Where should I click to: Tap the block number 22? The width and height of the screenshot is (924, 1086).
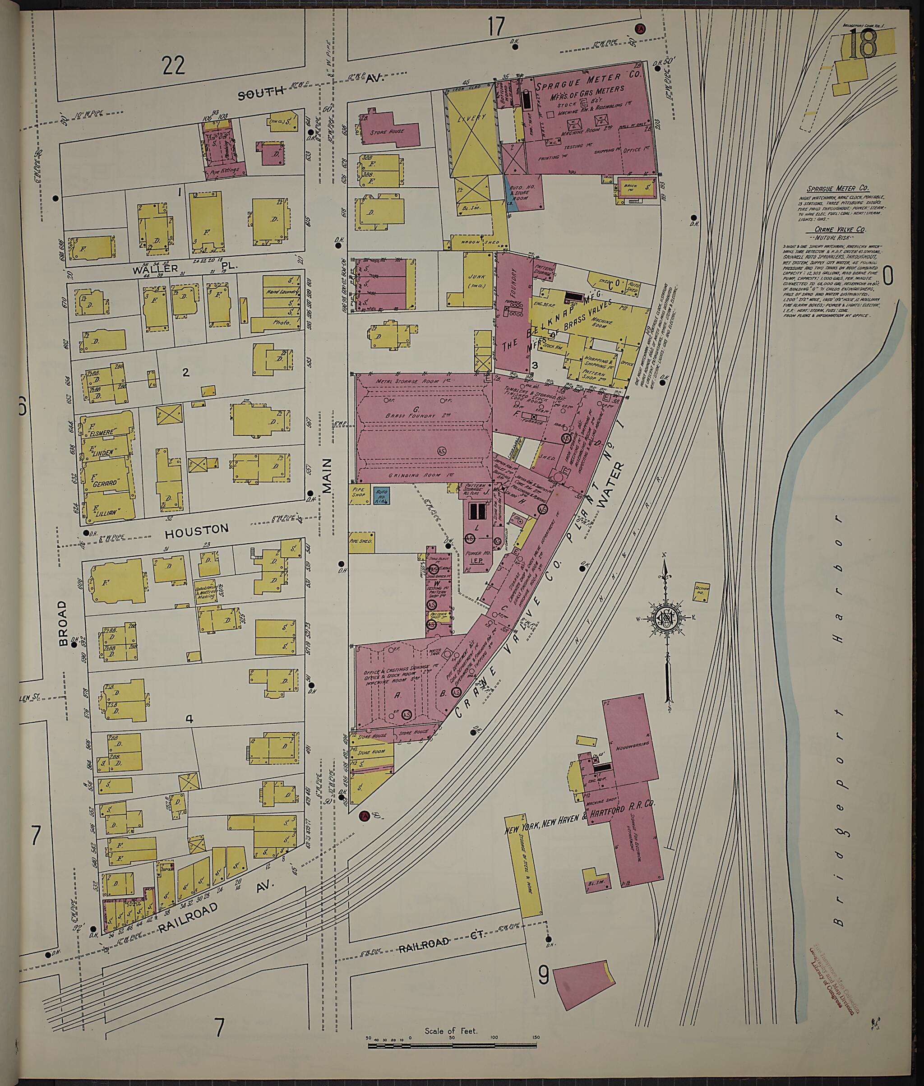click(x=173, y=66)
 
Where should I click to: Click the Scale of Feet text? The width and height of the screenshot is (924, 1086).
click(x=451, y=1031)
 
